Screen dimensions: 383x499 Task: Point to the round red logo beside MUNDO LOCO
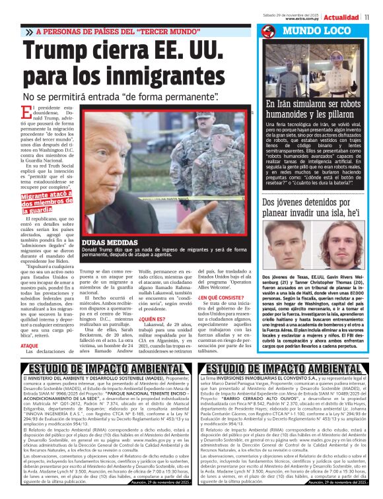[268, 32]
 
